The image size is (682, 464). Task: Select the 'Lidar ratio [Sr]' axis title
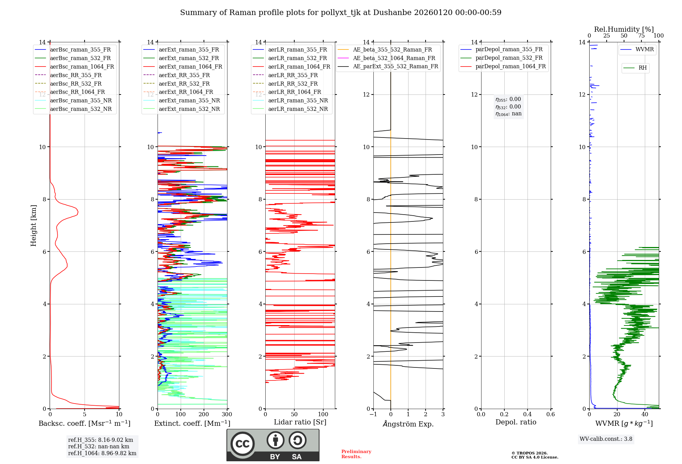click(300, 422)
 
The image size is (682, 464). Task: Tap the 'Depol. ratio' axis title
click(516, 422)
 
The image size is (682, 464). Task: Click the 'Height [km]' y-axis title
click(33, 226)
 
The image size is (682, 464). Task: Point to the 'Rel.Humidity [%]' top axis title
click(624, 29)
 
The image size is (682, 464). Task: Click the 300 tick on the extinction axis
click(227, 414)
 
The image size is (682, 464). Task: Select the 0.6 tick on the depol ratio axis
click(550, 414)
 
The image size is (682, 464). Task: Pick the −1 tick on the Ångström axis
click(373, 414)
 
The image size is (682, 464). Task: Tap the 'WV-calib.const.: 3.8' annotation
click(606, 439)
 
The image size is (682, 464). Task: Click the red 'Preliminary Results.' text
click(356, 454)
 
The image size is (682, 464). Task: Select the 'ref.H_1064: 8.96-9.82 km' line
click(102, 453)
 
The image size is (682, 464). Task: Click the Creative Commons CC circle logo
click(242, 444)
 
